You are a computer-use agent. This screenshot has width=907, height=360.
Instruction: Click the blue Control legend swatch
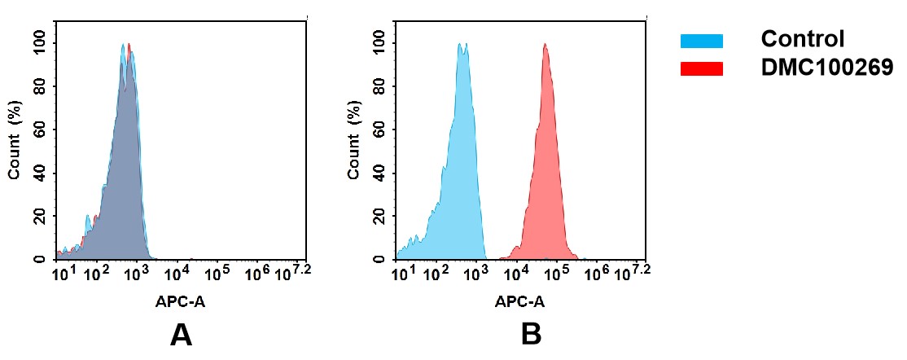pos(701,40)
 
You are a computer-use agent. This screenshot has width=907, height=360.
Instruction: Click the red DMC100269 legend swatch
pos(701,68)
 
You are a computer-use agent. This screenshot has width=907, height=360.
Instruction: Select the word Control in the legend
pos(802,39)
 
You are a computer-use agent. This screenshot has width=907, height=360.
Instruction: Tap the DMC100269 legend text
pos(826,68)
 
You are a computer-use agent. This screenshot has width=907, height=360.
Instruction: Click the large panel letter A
pos(181,335)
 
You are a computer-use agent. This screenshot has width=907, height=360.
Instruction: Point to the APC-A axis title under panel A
pos(180,301)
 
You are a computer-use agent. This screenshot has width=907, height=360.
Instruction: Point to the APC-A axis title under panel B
pos(519,301)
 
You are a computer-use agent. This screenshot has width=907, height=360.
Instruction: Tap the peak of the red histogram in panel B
pos(545,46)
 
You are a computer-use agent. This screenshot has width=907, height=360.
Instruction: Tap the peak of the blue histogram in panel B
pos(462,46)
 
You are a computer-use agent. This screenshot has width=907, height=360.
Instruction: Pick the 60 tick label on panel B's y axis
pos(378,130)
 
